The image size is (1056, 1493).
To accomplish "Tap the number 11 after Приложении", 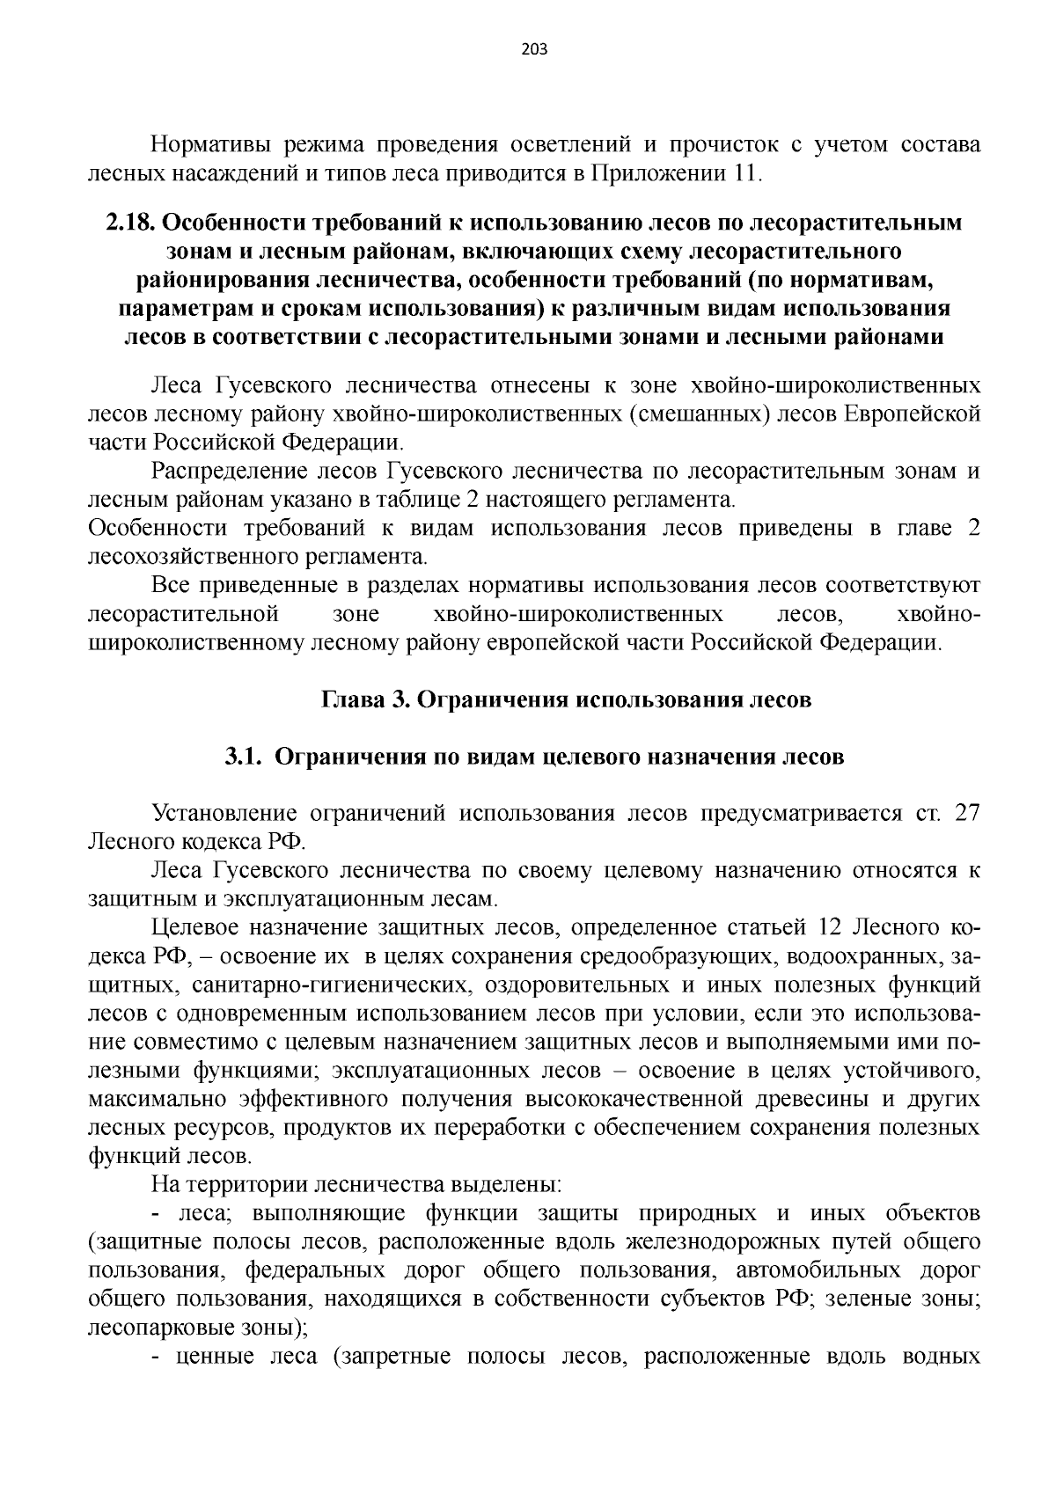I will tap(744, 173).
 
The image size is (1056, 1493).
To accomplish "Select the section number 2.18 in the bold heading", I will tap(130, 223).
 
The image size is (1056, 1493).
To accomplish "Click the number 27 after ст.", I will tap(967, 812).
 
